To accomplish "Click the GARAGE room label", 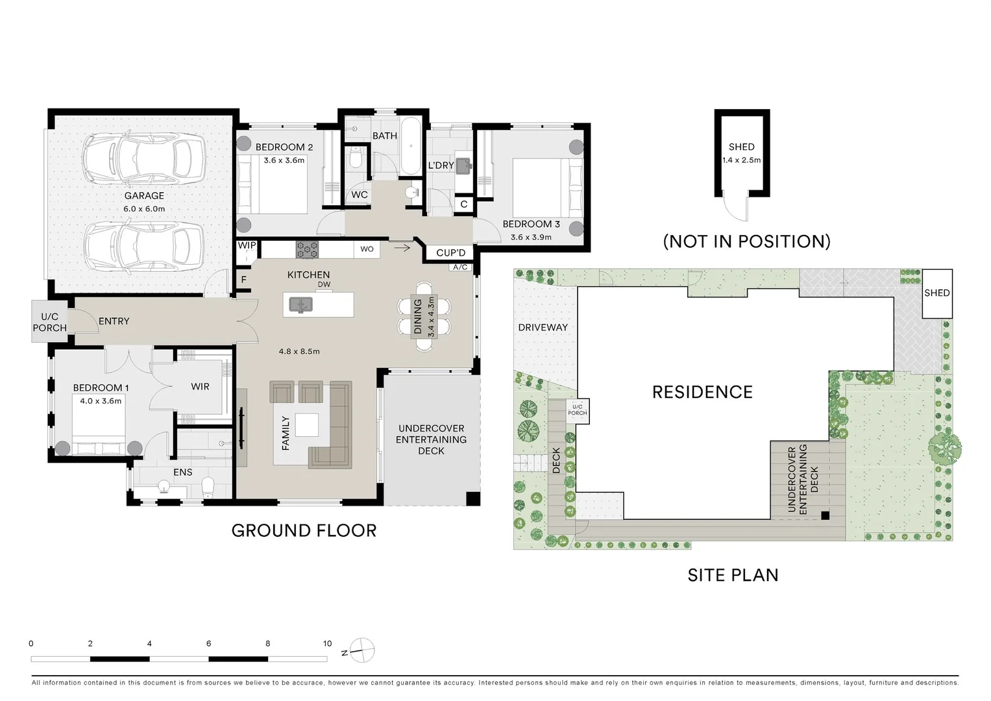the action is click(x=144, y=195).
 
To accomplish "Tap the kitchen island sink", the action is click(x=301, y=304).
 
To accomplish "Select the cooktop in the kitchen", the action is click(x=307, y=249).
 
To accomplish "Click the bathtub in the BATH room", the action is click(x=411, y=146).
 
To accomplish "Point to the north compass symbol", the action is click(x=362, y=650).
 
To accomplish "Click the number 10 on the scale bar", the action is click(x=327, y=643).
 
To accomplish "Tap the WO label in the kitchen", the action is click(x=367, y=249).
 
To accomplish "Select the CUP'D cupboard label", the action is click(x=451, y=252).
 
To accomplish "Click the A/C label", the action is click(x=460, y=267).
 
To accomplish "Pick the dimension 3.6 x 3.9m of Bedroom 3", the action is click(x=531, y=237).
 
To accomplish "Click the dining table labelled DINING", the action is click(x=424, y=317).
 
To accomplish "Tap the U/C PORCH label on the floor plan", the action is click(x=49, y=322).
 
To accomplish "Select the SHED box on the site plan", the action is click(x=937, y=293).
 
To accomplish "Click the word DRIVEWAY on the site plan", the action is click(x=543, y=328).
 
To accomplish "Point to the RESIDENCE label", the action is click(x=703, y=392).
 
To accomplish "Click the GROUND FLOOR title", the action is click(x=304, y=531).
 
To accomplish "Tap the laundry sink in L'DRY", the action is click(x=463, y=166).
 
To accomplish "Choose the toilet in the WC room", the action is click(x=356, y=158).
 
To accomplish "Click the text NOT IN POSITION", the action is click(x=747, y=241).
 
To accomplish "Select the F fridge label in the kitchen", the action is click(x=244, y=280).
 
